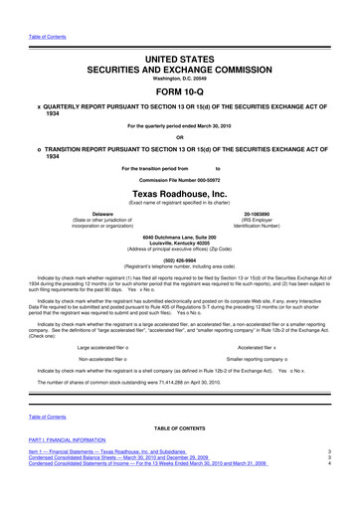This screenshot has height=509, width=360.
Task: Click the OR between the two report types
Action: (x=179, y=136)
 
